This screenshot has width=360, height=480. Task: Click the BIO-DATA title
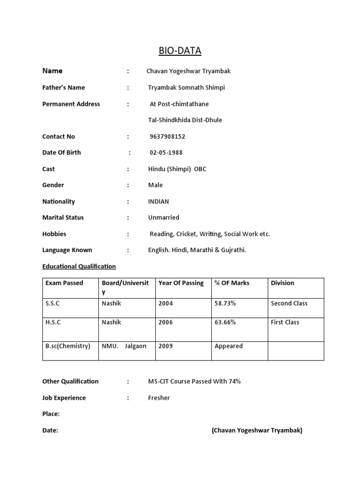pyautogui.click(x=180, y=51)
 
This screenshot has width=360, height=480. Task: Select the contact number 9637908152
pyautogui.click(x=167, y=136)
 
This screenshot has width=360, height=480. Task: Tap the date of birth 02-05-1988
pyautogui.click(x=166, y=152)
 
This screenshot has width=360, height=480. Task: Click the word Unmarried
pyautogui.click(x=164, y=217)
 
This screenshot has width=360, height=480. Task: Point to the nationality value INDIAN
pyautogui.click(x=158, y=202)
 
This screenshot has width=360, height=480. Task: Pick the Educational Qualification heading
pyautogui.click(x=79, y=266)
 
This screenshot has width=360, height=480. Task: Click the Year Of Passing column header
pyautogui.click(x=181, y=283)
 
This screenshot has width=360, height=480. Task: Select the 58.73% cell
pyautogui.click(x=225, y=303)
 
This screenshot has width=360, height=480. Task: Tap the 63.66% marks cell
pyautogui.click(x=225, y=322)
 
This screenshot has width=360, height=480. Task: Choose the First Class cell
pyautogui.click(x=285, y=322)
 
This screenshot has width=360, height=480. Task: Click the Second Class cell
pyautogui.click(x=289, y=303)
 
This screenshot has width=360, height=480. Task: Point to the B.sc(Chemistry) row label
pyautogui.click(x=67, y=346)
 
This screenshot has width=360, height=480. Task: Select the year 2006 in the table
pyautogui.click(x=165, y=322)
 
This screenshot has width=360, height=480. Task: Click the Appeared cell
pyautogui.click(x=228, y=346)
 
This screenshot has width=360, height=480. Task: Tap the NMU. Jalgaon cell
pyautogui.click(x=124, y=346)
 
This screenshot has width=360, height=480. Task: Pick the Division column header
pyautogui.click(x=283, y=283)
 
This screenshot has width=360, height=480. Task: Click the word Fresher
pyautogui.click(x=159, y=397)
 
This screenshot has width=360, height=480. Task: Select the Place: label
pyautogui.click(x=51, y=414)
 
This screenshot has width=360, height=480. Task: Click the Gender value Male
pyautogui.click(x=156, y=185)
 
